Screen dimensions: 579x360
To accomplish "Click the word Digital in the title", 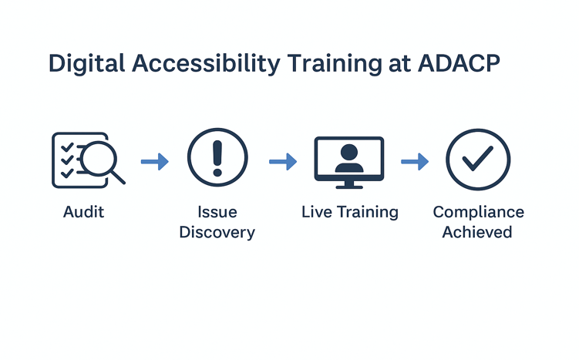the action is coord(86,64).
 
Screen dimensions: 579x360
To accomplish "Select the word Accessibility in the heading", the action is coord(206,64).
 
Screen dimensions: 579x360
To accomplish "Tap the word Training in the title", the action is coord(335,64).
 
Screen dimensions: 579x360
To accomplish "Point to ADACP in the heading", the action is coord(459,63).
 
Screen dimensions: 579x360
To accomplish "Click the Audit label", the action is coord(83,212).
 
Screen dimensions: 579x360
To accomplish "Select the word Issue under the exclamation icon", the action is coord(217,212).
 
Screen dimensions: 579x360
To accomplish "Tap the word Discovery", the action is coord(217,232).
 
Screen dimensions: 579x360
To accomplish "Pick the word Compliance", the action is coord(479,212).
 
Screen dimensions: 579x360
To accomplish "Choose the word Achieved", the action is coord(477,232).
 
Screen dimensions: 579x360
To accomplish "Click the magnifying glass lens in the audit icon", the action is coord(99,158).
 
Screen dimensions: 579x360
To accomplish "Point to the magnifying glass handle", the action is coord(118,177).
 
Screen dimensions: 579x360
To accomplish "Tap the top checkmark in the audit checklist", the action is coord(67,147).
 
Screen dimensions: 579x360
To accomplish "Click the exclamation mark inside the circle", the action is coord(217,158).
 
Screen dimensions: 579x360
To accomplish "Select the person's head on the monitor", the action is coord(349,152).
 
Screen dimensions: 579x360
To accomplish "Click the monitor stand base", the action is coord(349,187).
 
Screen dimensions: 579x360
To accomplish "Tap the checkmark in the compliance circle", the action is coord(478,159).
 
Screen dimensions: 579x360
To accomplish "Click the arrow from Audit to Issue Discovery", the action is coord(155,161).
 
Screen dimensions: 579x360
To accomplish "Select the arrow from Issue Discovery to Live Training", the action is coord(283,161).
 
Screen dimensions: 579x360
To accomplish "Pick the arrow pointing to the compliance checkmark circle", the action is coord(415,161).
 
